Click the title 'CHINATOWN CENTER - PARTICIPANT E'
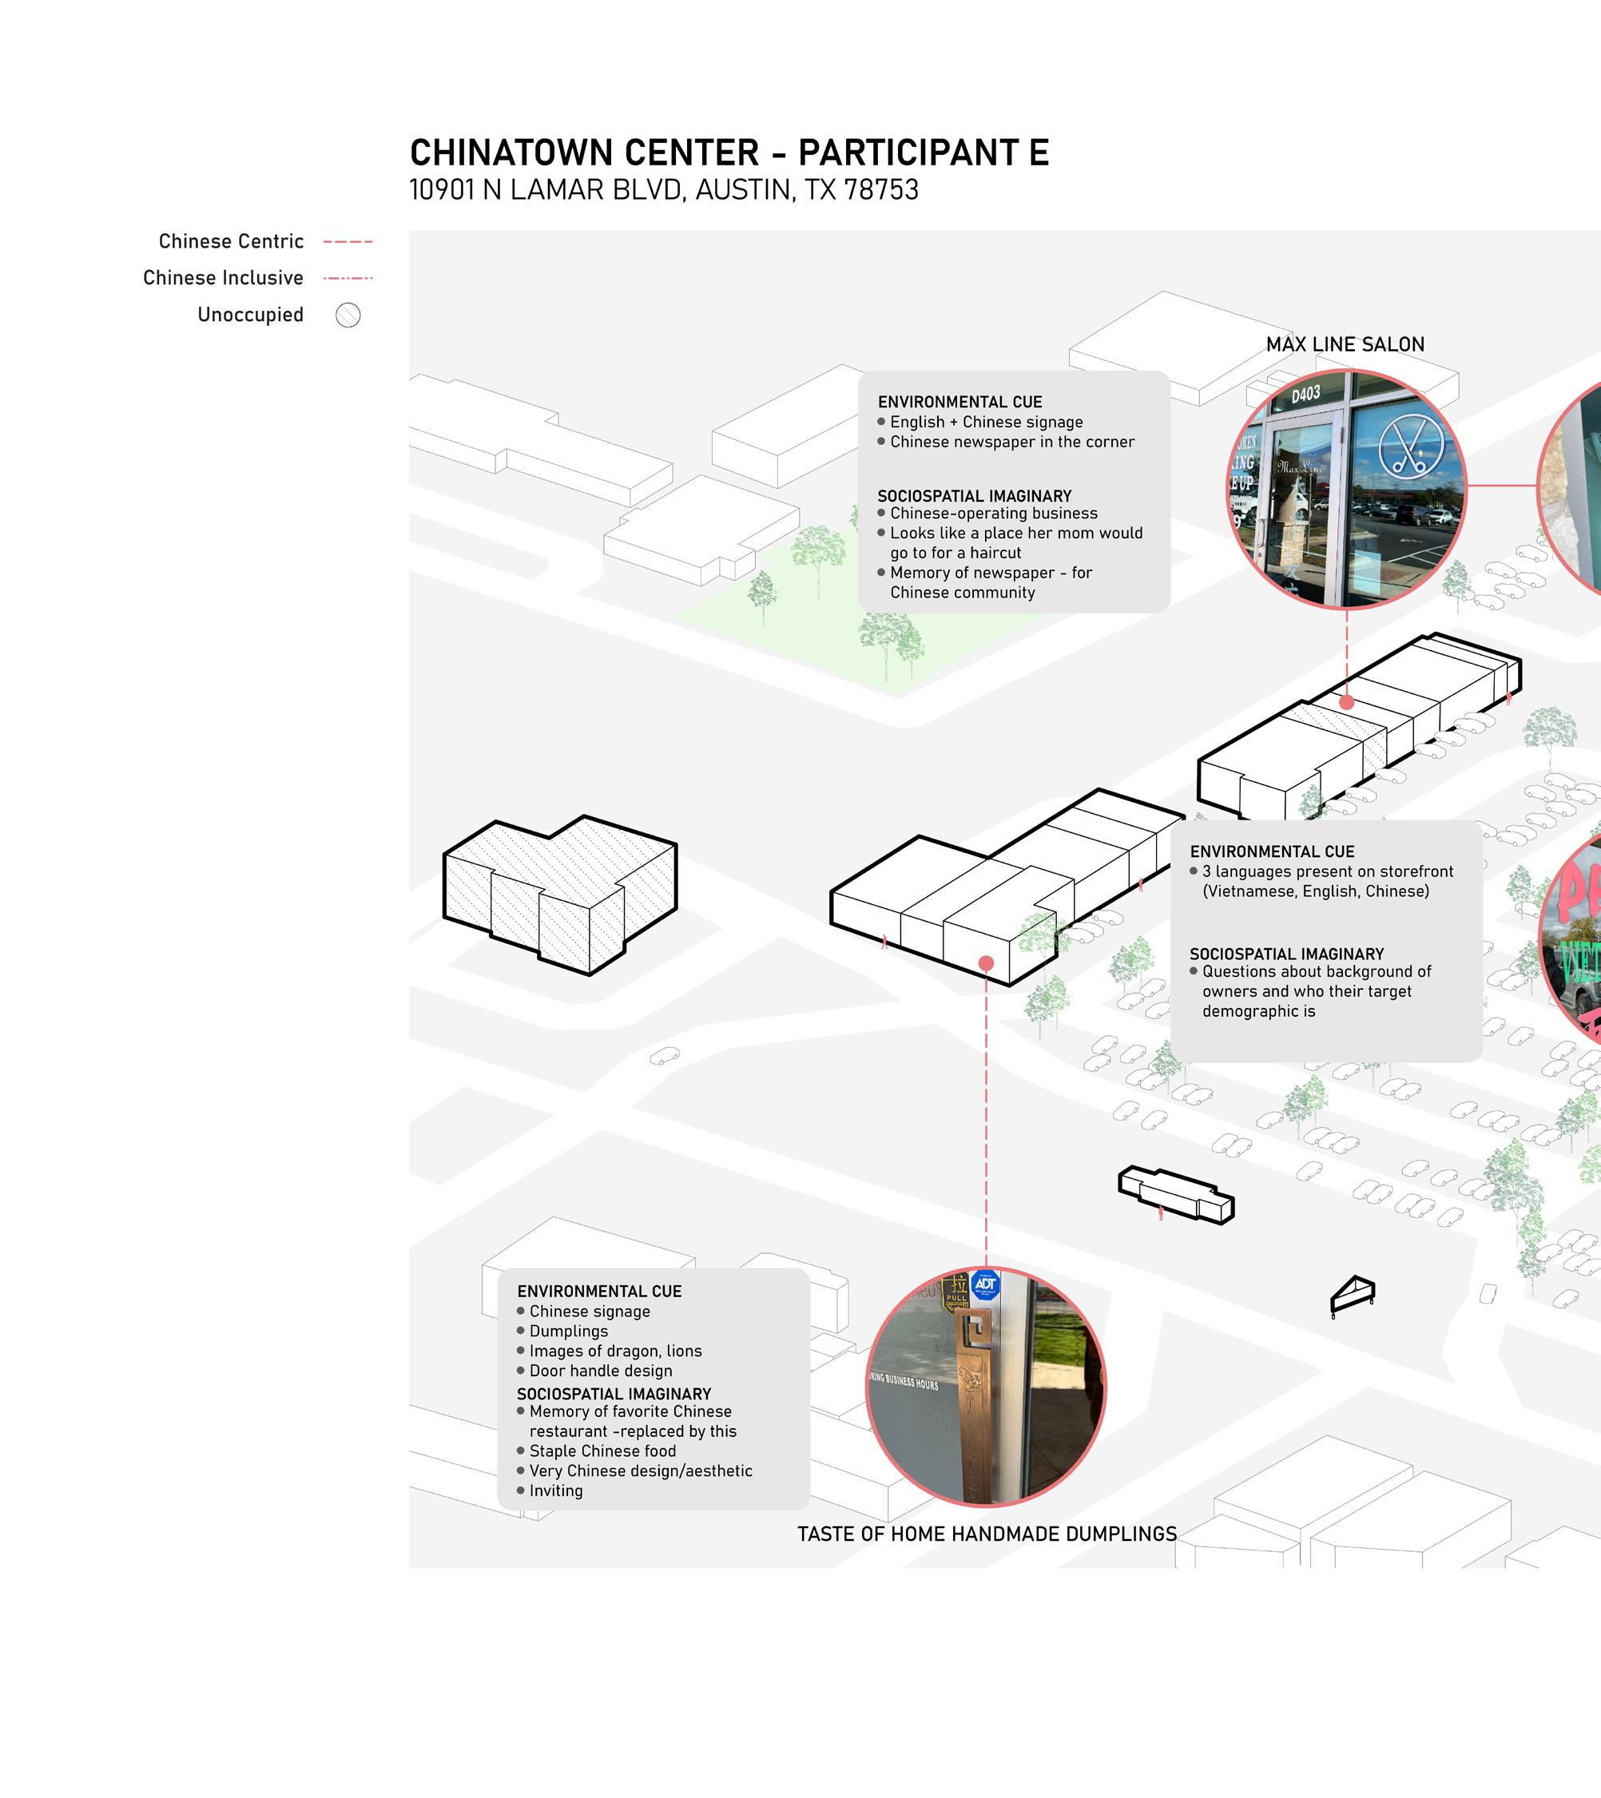(729, 153)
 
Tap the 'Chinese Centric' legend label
(232, 242)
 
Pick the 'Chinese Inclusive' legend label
(224, 278)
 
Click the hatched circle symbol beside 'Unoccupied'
(348, 315)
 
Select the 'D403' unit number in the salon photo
(1305, 394)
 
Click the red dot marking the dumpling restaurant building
(986, 964)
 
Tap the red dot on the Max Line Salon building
(1347, 702)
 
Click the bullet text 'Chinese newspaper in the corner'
(1011, 443)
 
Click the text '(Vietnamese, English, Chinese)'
(1315, 891)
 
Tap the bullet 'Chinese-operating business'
(993, 514)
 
